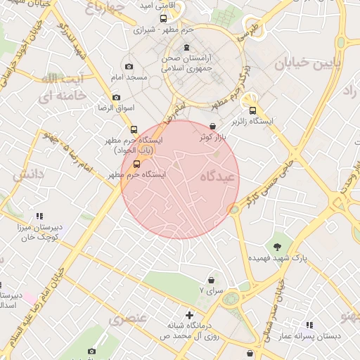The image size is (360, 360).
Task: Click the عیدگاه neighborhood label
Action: (217, 176)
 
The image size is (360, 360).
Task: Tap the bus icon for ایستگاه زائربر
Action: (252, 109)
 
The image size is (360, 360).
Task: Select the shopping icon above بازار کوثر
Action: (214, 125)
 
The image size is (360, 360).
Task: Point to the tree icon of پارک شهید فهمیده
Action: (279, 246)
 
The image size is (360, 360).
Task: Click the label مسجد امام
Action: (127, 75)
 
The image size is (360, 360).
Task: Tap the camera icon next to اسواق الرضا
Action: (116, 97)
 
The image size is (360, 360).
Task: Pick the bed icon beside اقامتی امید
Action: (163, 19)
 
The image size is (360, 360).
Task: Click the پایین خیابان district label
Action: (307, 64)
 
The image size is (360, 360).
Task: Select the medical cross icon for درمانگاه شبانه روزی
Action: (189, 315)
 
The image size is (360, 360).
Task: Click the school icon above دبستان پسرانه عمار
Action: (309, 325)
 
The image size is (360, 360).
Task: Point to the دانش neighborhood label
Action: (29, 173)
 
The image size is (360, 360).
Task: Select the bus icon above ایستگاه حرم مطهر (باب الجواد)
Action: (134, 129)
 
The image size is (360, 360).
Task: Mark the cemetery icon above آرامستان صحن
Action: (186, 48)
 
